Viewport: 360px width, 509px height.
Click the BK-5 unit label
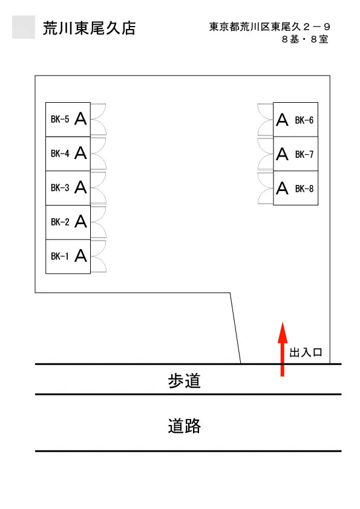pyautogui.click(x=60, y=119)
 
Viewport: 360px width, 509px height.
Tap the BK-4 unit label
pyautogui.click(x=60, y=153)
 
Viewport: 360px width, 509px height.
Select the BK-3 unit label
pyautogui.click(x=60, y=187)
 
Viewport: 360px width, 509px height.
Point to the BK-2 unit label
pyautogui.click(x=60, y=222)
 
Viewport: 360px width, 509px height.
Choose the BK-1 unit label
pyautogui.click(x=60, y=256)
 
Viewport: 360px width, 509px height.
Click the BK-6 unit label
pyautogui.click(x=304, y=120)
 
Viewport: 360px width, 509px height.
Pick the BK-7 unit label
pyautogui.click(x=304, y=154)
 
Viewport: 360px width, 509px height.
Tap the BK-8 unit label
pyautogui.click(x=304, y=189)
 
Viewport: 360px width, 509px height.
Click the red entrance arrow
pyautogui.click(x=283, y=349)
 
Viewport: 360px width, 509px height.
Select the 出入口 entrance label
pyautogui.click(x=306, y=352)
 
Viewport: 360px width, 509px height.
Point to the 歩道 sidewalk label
pyautogui.click(x=184, y=380)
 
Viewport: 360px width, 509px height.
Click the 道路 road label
pyautogui.click(x=184, y=426)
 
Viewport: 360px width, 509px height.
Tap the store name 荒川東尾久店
pyautogui.click(x=89, y=28)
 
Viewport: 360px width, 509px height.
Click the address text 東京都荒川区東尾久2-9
pyautogui.click(x=270, y=27)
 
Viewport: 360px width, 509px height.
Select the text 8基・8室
pyautogui.click(x=305, y=39)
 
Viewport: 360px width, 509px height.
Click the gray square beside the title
pyautogui.click(x=24, y=27)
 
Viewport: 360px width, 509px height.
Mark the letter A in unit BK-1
pyautogui.click(x=80, y=256)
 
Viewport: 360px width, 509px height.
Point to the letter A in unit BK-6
pyautogui.click(x=282, y=120)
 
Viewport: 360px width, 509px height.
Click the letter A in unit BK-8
pyautogui.click(x=282, y=188)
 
